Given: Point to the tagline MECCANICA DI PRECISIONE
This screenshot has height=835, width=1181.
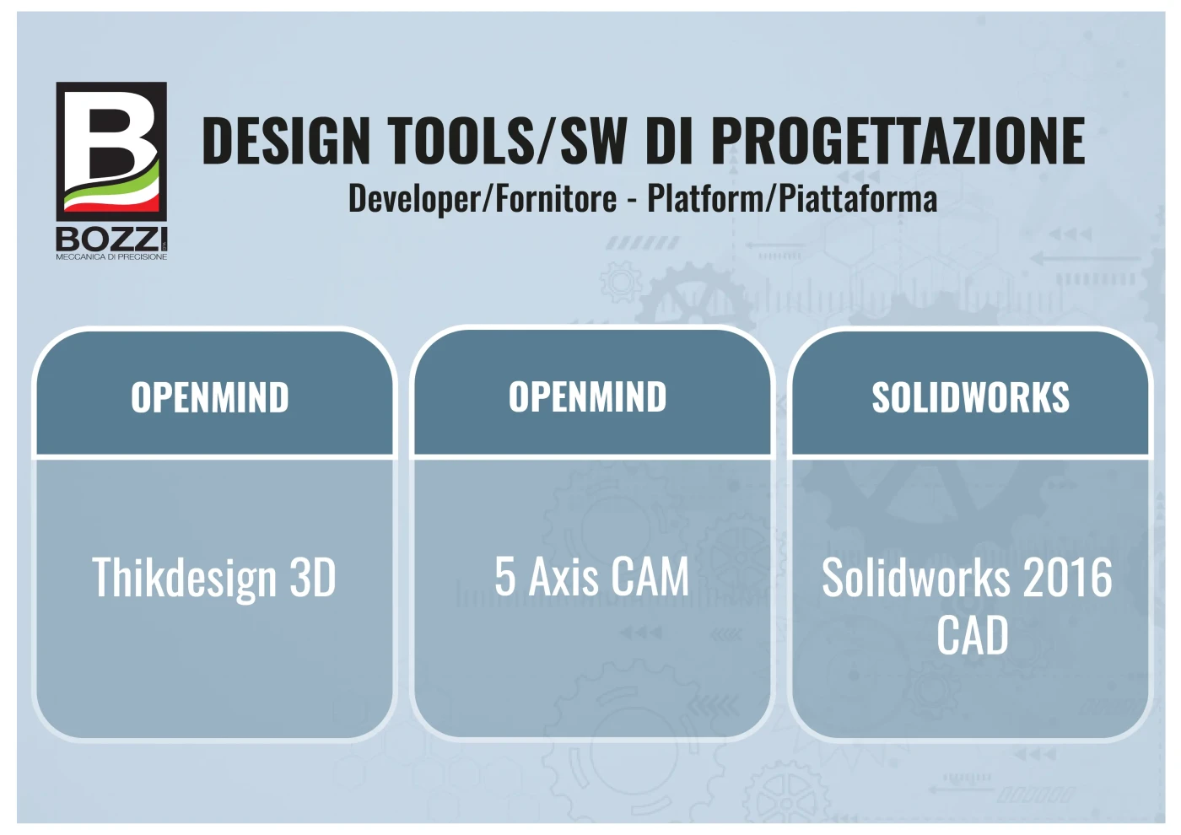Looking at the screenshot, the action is click(x=111, y=256).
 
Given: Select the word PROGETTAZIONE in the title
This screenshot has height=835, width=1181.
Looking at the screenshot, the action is click(x=898, y=142).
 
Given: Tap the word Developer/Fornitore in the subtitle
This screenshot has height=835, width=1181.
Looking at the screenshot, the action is click(x=483, y=199).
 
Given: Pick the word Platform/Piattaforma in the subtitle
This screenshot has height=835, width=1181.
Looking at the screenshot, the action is click(x=792, y=199).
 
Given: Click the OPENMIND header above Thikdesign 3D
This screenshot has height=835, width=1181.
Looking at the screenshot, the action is click(x=210, y=397).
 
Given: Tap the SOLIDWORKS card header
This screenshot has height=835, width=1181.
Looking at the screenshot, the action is click(x=971, y=397).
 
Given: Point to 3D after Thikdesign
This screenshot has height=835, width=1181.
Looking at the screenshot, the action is click(x=313, y=577).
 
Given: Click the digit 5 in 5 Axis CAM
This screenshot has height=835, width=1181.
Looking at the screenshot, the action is click(x=504, y=577).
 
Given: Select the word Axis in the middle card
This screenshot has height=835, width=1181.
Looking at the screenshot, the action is click(x=564, y=577).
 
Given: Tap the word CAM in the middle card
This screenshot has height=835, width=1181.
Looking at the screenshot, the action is click(x=650, y=577).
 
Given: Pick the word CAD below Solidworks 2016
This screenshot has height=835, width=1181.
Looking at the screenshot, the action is click(x=972, y=635).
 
